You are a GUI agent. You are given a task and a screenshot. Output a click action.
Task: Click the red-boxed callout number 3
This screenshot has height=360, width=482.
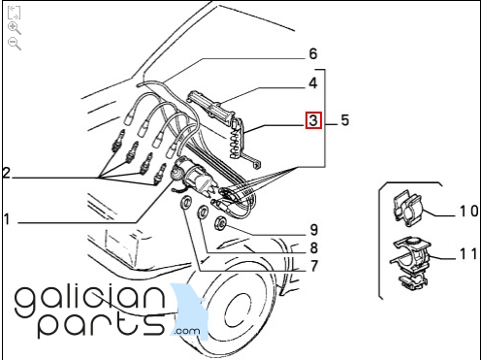click(313, 120)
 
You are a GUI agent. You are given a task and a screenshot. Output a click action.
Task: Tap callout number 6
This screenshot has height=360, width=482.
click(313, 53)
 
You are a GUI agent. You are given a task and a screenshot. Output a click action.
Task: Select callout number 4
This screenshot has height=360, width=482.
click(313, 83)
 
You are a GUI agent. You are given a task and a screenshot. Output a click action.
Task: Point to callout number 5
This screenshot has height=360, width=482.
click(345, 120)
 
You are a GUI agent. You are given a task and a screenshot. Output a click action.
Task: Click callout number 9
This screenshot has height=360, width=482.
click(314, 230)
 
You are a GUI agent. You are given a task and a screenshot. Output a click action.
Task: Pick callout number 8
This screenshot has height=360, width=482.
click(314, 248)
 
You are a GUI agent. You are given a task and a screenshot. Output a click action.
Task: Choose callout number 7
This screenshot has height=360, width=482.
click(314, 266)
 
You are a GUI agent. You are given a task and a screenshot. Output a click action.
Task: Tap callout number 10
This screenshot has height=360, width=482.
click(469, 212)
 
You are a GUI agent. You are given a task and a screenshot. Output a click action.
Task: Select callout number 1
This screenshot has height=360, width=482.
click(7, 219)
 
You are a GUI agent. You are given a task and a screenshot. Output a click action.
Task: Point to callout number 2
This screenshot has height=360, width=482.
click(7, 173)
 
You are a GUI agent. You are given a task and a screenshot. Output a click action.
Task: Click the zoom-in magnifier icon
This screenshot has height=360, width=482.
click(15, 28)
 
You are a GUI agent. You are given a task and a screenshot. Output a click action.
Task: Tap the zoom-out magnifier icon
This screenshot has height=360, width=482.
click(15, 44)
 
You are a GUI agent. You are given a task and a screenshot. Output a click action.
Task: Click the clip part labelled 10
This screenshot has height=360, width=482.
click(408, 208)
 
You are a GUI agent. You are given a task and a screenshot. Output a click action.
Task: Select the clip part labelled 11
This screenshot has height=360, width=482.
click(410, 263)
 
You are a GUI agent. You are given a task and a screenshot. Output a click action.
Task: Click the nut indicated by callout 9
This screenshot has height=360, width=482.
click(221, 223)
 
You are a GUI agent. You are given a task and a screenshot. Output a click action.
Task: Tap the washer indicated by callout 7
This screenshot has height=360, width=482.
click(186, 203)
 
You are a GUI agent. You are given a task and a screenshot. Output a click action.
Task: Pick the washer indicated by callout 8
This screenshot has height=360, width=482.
click(204, 213)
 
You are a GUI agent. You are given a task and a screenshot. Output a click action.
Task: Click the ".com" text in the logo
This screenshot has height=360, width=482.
click(187, 331)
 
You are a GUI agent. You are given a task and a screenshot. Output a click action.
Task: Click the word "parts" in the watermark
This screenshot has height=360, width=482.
click(101, 323)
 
